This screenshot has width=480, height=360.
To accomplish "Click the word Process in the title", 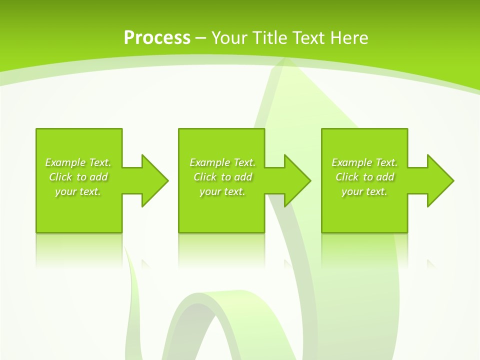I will click(x=157, y=38).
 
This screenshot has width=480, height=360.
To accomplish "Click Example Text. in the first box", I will click(x=78, y=162).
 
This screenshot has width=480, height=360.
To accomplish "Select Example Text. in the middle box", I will click(x=222, y=162).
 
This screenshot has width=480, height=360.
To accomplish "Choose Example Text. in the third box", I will click(x=364, y=162).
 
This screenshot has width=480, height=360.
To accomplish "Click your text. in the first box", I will click(x=78, y=191).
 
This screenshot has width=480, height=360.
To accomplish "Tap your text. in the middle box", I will click(x=222, y=191).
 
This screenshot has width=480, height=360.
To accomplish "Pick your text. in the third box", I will click(x=364, y=191).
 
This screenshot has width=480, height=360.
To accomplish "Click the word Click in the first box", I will click(x=60, y=177).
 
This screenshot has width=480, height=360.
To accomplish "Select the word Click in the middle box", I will click(x=205, y=177).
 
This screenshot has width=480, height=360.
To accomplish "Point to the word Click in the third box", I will click(x=347, y=177).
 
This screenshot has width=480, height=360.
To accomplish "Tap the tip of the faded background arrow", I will click(x=286, y=62).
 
